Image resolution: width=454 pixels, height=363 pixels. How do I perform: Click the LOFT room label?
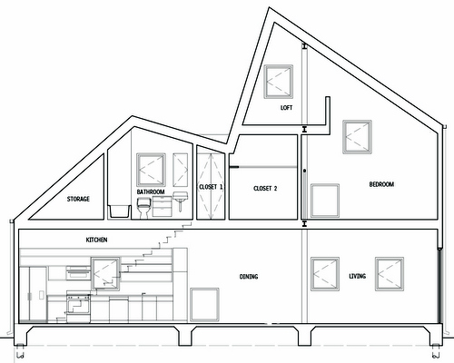pyautogui.click(x=286, y=108)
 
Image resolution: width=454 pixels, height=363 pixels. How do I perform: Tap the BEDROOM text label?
pyautogui.click(x=381, y=184)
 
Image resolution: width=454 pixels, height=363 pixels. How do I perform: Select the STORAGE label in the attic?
pyautogui.click(x=78, y=199)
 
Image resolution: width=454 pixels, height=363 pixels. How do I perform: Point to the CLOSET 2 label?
pyautogui.click(x=265, y=189)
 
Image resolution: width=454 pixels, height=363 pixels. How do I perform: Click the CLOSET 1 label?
pyautogui.click(x=211, y=187)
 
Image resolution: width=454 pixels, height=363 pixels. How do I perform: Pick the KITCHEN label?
pyautogui.click(x=96, y=240)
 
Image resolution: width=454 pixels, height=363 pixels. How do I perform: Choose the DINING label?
pyautogui.click(x=249, y=277)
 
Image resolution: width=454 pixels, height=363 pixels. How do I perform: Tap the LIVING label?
pyautogui.click(x=358, y=276)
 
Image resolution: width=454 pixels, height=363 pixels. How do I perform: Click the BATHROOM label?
pyautogui.click(x=151, y=192)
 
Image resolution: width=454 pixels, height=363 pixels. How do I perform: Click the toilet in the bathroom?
pyautogui.click(x=143, y=208)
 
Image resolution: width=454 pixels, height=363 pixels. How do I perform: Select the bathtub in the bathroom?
pyautogui.click(x=120, y=211)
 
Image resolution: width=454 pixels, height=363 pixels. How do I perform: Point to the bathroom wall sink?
pyautogui.click(x=181, y=201)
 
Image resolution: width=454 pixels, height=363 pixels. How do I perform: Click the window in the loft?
pyautogui.click(x=279, y=82)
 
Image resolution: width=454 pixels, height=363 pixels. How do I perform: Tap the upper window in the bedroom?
pyautogui.click(x=357, y=137)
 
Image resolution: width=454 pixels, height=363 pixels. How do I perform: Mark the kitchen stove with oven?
pyautogui.click(x=78, y=307)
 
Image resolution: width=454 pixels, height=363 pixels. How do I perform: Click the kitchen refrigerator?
pyautogui.click(x=34, y=294)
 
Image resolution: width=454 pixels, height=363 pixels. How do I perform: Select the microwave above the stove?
pyautogui.click(x=78, y=274)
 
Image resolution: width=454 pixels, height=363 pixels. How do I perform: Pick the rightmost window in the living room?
pyautogui.click(x=390, y=274)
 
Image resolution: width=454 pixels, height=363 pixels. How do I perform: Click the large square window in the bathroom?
pyautogui.click(x=151, y=170)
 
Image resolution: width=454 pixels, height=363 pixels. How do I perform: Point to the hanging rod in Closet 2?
pyautogui.click(x=263, y=167)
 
